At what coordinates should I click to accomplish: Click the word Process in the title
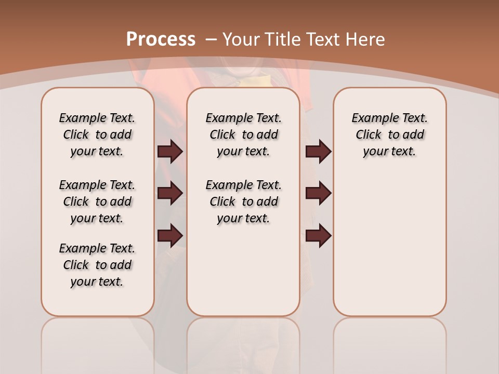coord(161,39)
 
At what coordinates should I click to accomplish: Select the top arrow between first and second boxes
coord(170,151)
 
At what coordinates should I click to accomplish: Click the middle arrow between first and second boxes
coord(170,193)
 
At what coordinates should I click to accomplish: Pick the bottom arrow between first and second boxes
coord(170,235)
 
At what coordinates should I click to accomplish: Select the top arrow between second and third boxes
coord(318,151)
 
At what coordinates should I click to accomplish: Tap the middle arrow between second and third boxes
coord(318,193)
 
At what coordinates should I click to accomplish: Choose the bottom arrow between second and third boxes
coord(318,235)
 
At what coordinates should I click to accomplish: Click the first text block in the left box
coord(97,135)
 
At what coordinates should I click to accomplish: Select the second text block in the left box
coord(97,202)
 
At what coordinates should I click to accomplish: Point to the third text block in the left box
coord(97,265)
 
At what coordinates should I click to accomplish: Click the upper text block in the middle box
coord(244,135)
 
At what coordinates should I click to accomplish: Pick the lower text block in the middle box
coord(244,202)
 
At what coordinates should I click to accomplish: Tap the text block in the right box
coord(390,135)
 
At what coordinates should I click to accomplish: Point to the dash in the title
coord(211,39)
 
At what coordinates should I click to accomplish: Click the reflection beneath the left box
coord(98,343)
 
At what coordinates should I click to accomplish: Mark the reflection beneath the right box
coord(390,343)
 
